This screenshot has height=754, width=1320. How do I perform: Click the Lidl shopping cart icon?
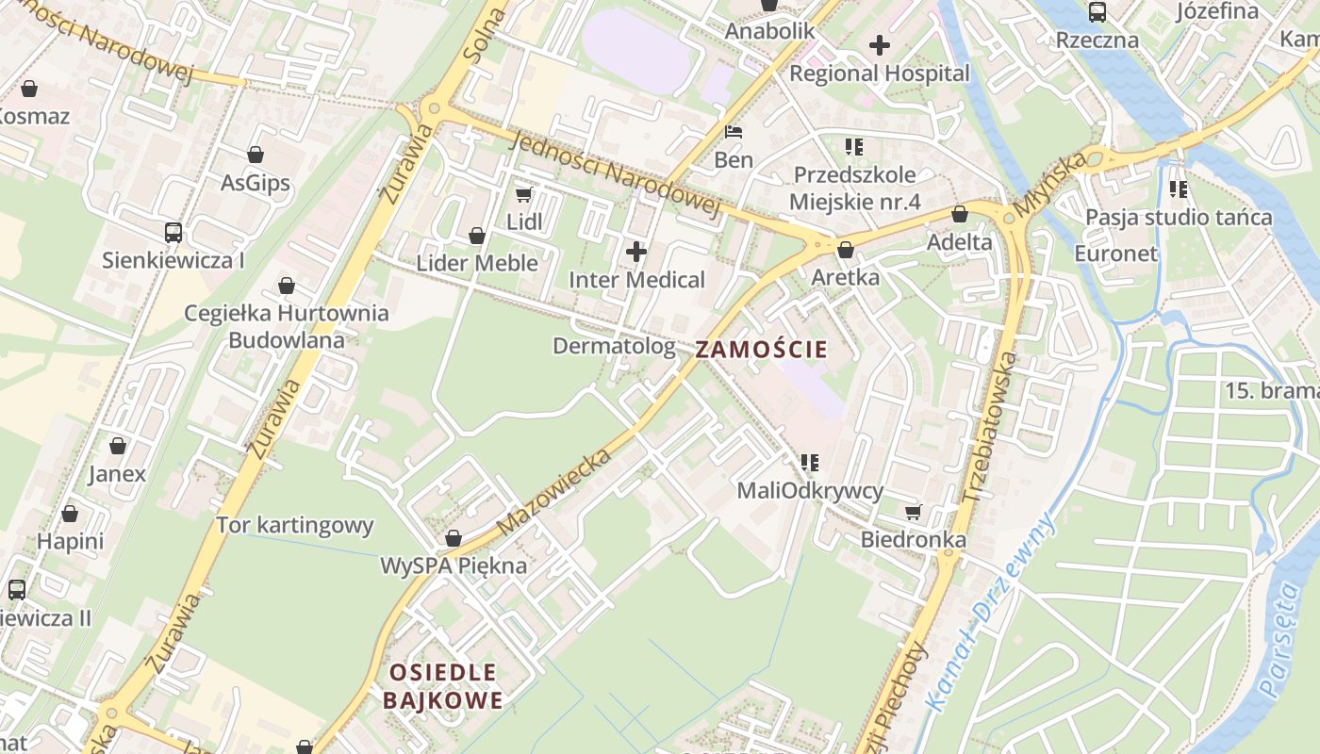coord(524,194)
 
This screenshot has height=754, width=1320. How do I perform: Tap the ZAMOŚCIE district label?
coord(761,350)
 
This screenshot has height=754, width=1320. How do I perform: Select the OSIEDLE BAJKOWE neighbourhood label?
coord(443,686)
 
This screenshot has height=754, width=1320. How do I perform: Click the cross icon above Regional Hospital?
coord(880,44)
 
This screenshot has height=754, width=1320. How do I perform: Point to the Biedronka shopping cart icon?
coord(913,512)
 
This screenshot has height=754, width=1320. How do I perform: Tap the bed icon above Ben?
coord(734,132)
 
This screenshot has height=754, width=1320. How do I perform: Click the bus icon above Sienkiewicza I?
coord(173,232)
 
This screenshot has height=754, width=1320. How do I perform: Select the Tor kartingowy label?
coord(295,525)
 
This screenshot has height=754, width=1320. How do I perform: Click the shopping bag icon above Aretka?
coord(846,250)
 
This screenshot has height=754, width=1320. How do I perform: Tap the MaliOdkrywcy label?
coord(810,490)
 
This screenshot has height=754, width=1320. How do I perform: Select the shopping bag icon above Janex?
coord(118,446)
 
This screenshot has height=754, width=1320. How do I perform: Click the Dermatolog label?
coord(614,346)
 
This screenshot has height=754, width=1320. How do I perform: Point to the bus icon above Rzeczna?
coord(1097,12)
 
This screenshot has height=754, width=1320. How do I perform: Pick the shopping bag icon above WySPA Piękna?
coord(454,538)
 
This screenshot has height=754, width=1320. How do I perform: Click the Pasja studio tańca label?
coord(1179,218)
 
